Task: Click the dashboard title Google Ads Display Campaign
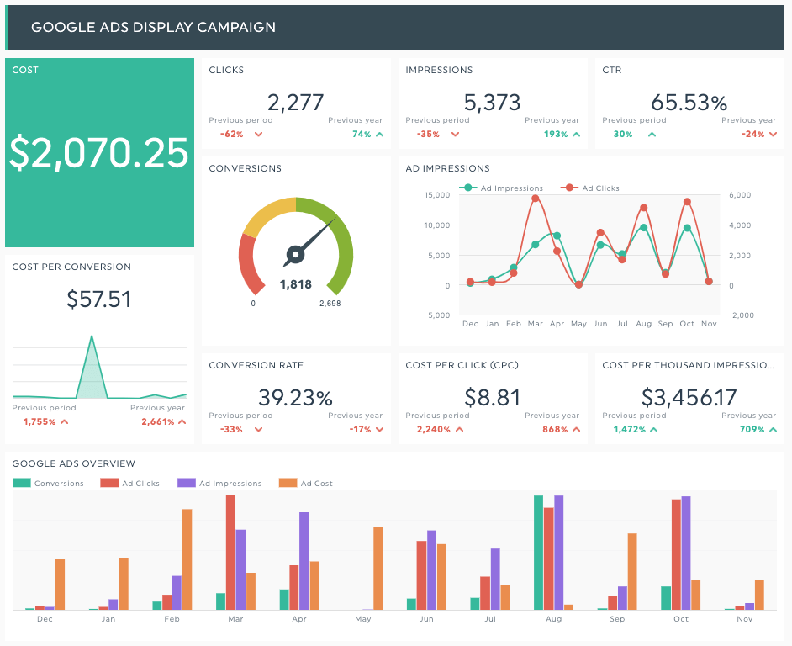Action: coord(153,27)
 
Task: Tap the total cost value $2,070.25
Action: coord(99,153)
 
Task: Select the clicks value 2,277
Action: coord(296,103)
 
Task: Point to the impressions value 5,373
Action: coord(493,103)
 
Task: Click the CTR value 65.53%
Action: coord(689,103)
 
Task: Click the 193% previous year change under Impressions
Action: coord(556,134)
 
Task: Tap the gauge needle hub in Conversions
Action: coord(295,253)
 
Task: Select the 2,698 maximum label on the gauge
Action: coord(330,304)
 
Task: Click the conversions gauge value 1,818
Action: coord(296,285)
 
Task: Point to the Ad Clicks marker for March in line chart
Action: coord(536,199)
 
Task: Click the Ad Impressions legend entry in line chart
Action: coord(504,188)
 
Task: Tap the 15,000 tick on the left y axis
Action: coord(437,195)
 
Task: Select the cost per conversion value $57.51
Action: coord(99,299)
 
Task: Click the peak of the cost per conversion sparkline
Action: coord(91,337)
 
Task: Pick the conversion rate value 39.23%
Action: coord(296,397)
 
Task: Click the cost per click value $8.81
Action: coord(493,397)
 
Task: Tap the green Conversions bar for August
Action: coord(538,553)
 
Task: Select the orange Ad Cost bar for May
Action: coord(378,568)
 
